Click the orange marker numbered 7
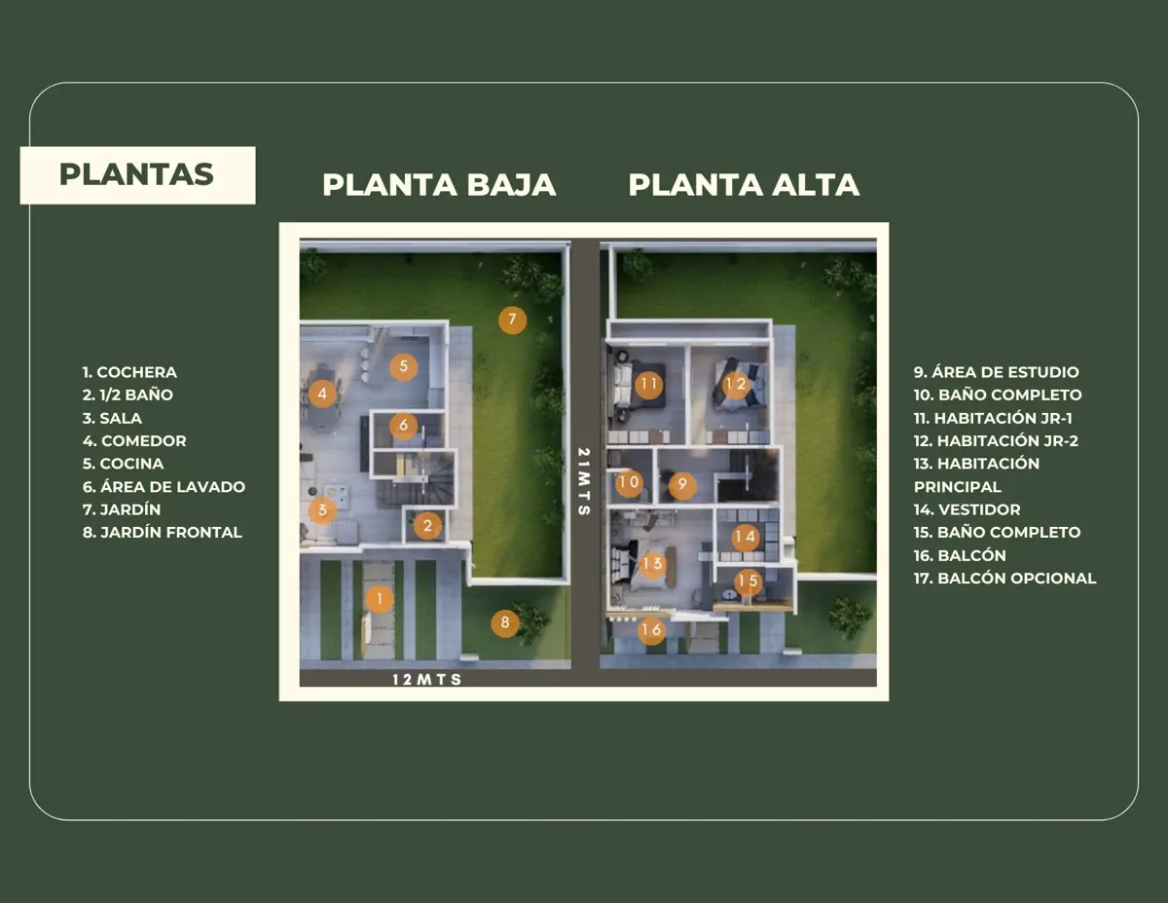click(512, 320)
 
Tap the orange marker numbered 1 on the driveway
click(380, 599)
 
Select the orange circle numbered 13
click(652, 564)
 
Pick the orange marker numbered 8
click(505, 622)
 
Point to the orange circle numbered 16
click(651, 630)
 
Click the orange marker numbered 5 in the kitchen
click(403, 367)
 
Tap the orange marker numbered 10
click(629, 482)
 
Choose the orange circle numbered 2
click(427, 525)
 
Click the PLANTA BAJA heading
click(439, 184)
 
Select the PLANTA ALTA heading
click(744, 184)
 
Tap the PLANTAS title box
click(137, 175)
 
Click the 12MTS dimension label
click(427, 680)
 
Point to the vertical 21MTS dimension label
click(584, 481)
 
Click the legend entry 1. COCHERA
click(129, 372)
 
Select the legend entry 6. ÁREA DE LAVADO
click(164, 486)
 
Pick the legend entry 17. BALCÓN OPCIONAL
click(1004, 579)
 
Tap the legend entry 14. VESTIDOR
click(967, 509)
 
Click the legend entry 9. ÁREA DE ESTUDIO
click(996, 372)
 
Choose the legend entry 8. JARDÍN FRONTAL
click(163, 532)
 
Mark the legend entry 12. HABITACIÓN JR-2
click(996, 440)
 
